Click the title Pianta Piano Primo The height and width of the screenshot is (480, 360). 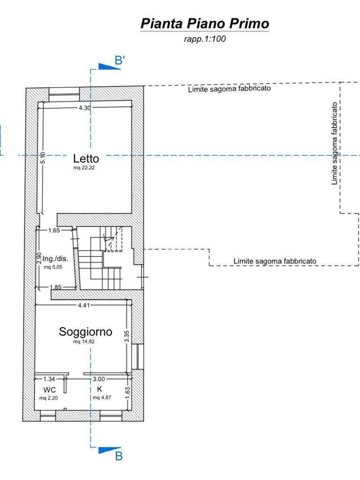[x=205, y=23]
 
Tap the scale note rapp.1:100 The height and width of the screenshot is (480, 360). [x=205, y=39]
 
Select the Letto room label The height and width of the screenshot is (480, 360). [x=86, y=158]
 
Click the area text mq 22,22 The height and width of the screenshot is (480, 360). [x=84, y=168]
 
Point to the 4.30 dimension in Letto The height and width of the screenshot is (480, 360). [x=85, y=108]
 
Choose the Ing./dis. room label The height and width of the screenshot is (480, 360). [x=55, y=259]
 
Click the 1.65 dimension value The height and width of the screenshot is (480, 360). [x=54, y=230]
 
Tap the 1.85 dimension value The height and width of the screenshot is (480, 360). [x=56, y=287]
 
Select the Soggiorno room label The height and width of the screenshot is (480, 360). [x=85, y=331]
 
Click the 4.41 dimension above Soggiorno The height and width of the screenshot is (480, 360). [x=84, y=305]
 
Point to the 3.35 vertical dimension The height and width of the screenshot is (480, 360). [x=127, y=337]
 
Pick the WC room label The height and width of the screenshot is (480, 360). [x=50, y=390]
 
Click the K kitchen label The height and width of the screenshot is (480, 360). [x=99, y=389]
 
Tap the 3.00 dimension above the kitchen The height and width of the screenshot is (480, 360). [x=99, y=379]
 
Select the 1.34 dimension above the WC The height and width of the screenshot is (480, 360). [x=49, y=379]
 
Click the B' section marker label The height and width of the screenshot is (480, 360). [x=120, y=60]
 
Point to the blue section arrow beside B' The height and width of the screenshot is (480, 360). [x=109, y=67]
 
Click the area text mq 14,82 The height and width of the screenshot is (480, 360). [x=84, y=342]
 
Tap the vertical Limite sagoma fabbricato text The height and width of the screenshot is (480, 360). [x=335, y=143]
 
